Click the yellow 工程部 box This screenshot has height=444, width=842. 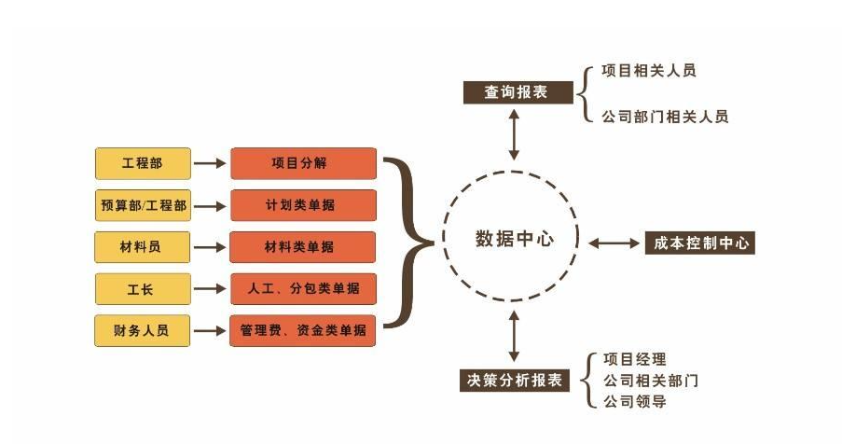[143, 163]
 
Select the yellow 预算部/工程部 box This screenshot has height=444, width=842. [143, 205]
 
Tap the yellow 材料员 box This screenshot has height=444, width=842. [143, 247]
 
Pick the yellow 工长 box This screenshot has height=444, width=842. [143, 289]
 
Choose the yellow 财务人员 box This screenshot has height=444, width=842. [143, 331]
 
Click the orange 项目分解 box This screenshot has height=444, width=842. [303, 163]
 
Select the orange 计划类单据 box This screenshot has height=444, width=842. [303, 205]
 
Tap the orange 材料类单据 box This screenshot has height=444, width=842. [303, 247]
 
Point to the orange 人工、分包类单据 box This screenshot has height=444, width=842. [303, 289]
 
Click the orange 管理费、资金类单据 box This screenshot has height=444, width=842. [303, 331]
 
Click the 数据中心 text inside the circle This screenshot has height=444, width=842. [514, 239]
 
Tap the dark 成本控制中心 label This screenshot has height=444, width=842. [699, 243]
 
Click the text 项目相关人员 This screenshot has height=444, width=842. [649, 71]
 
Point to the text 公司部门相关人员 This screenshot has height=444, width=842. [665, 117]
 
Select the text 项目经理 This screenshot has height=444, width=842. [635, 359]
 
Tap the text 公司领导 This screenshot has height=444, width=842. [635, 402]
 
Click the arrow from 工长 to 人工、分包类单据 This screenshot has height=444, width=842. [211, 289]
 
